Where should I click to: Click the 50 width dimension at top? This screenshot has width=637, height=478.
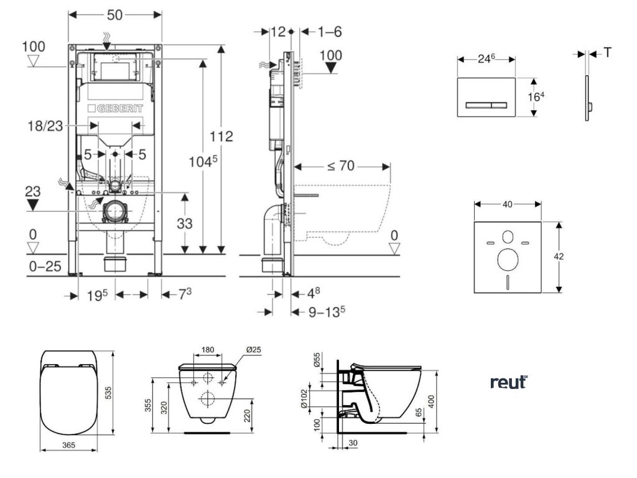(114, 14)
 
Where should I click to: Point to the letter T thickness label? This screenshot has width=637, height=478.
(607, 53)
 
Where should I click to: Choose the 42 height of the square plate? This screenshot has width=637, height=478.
(569, 256)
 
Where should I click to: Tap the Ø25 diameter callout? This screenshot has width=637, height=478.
(253, 350)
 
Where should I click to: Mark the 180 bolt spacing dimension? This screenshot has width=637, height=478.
(208, 350)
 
